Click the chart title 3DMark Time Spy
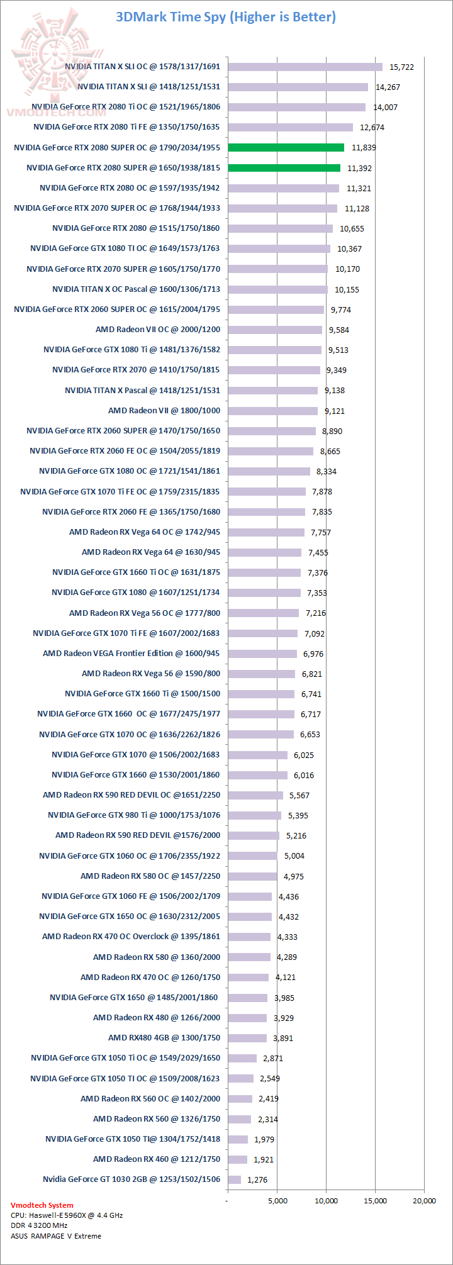pos(226,17)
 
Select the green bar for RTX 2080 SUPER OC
pos(286,147)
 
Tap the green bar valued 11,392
pos(284,168)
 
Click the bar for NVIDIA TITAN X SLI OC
pos(305,67)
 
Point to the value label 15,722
pos(401,67)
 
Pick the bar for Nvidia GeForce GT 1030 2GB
pos(235,1179)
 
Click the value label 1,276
pos(258,1179)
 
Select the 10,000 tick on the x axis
pos(326,1200)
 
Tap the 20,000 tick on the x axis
pos(424,1200)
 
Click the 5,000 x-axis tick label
pos(277,1200)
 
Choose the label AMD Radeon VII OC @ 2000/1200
pos(158,330)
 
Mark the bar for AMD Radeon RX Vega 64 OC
pos(266,532)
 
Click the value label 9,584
pos(338,330)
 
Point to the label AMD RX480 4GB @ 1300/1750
pos(164,1038)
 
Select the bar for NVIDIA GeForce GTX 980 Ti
pos(255,815)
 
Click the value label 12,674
pos(372,127)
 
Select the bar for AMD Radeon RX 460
pos(238,1159)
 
